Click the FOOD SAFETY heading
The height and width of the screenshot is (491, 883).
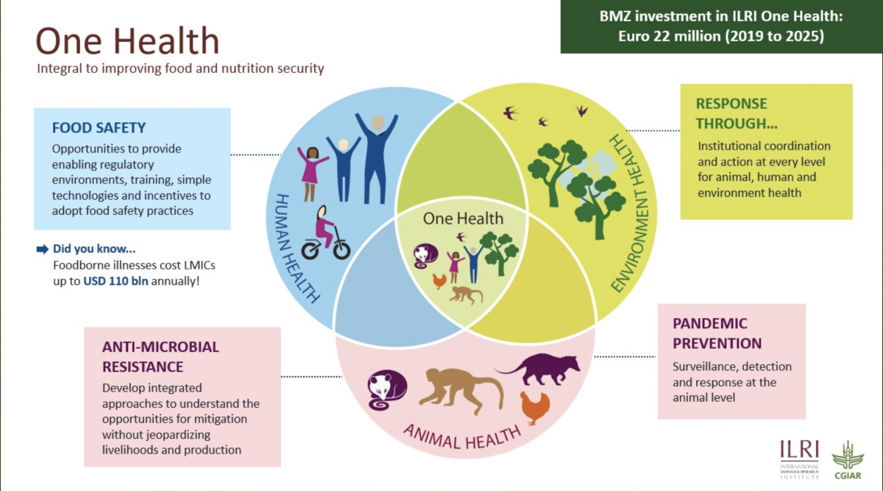99,128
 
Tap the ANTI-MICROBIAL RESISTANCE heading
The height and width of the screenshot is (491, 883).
160,357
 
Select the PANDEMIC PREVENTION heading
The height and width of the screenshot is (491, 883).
717,333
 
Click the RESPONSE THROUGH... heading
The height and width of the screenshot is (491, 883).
737,113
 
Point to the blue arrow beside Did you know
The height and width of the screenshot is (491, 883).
42,250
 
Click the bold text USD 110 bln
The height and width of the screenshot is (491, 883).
116,281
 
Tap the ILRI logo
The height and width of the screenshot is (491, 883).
799,459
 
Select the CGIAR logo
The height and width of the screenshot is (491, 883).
848,460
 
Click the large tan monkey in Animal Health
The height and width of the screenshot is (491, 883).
461,390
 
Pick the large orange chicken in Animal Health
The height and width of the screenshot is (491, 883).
534,408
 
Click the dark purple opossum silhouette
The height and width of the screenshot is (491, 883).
540,369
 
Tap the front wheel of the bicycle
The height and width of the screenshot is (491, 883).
311,250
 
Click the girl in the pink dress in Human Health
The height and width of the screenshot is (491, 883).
312,174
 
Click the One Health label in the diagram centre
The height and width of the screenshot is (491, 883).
463,219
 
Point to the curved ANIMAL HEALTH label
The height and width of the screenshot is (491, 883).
462,439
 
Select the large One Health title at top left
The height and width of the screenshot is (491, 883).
127,40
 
